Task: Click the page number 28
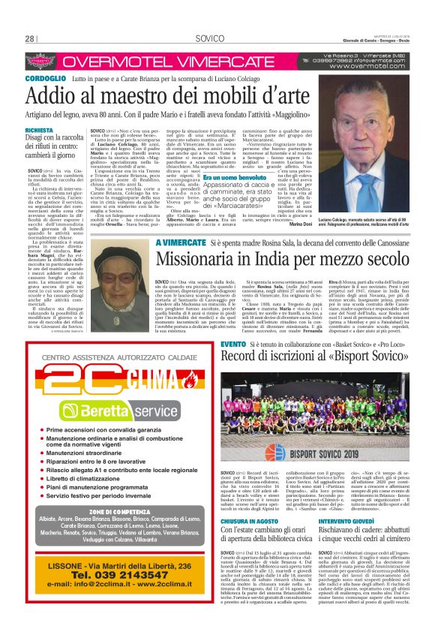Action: pyautogui.click(x=30, y=38)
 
